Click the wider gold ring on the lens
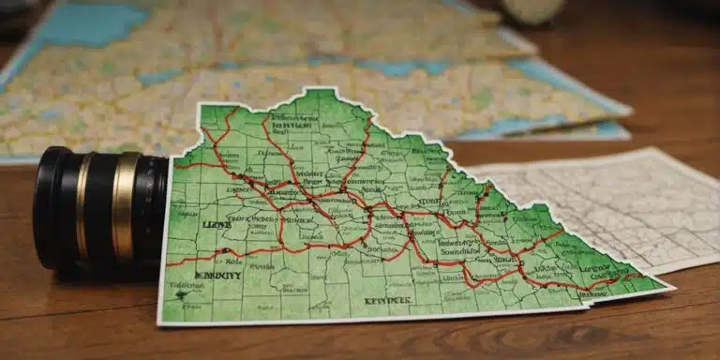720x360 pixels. (124, 207)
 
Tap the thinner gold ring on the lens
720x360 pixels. (82, 208)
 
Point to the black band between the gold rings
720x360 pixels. (101, 207)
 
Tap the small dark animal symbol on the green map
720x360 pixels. (183, 294)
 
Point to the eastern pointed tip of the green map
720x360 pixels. (671, 287)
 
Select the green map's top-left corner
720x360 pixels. (200, 106)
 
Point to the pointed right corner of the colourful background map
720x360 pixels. (630, 112)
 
